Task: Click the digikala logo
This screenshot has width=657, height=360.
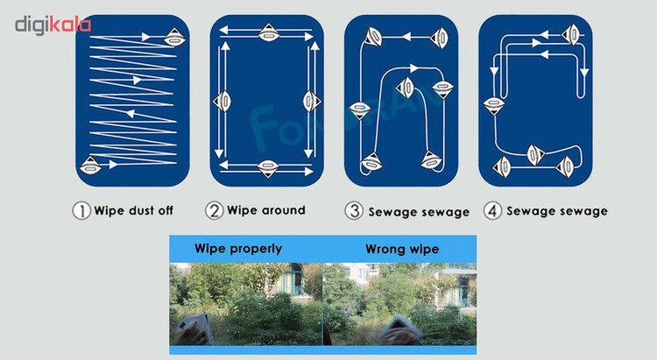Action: pyautogui.click(x=53, y=25)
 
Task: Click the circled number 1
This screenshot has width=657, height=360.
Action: pyautogui.click(x=81, y=210)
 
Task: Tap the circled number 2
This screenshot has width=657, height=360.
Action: pyautogui.click(x=214, y=210)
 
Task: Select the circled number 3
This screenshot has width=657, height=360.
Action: pyautogui.click(x=354, y=211)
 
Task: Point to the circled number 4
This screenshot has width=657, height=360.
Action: pyautogui.click(x=492, y=211)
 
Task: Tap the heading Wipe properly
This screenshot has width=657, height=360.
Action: pyautogui.click(x=238, y=249)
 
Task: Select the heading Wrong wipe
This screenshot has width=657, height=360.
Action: pyautogui.click(x=402, y=250)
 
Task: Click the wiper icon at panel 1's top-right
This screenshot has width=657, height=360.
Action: pyautogui.click(x=174, y=39)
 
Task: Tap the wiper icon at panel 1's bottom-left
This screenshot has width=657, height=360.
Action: pyautogui.click(x=90, y=166)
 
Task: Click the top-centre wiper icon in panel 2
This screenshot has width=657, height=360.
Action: pyautogui.click(x=269, y=32)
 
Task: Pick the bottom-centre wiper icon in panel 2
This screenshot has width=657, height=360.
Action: pyautogui.click(x=268, y=168)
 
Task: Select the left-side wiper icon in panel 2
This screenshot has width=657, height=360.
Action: pyautogui.click(x=223, y=101)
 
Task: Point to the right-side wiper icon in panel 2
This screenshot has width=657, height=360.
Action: pyautogui.click(x=311, y=101)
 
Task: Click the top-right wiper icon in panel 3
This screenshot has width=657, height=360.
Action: pyautogui.click(x=439, y=39)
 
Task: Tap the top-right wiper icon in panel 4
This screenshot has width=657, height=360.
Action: pyautogui.click(x=570, y=34)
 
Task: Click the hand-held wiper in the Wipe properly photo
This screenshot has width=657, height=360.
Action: pyautogui.click(x=194, y=329)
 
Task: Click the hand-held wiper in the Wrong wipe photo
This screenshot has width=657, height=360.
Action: pyautogui.click(x=401, y=330)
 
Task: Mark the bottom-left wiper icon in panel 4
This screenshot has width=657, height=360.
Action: pyautogui.click(x=502, y=166)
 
